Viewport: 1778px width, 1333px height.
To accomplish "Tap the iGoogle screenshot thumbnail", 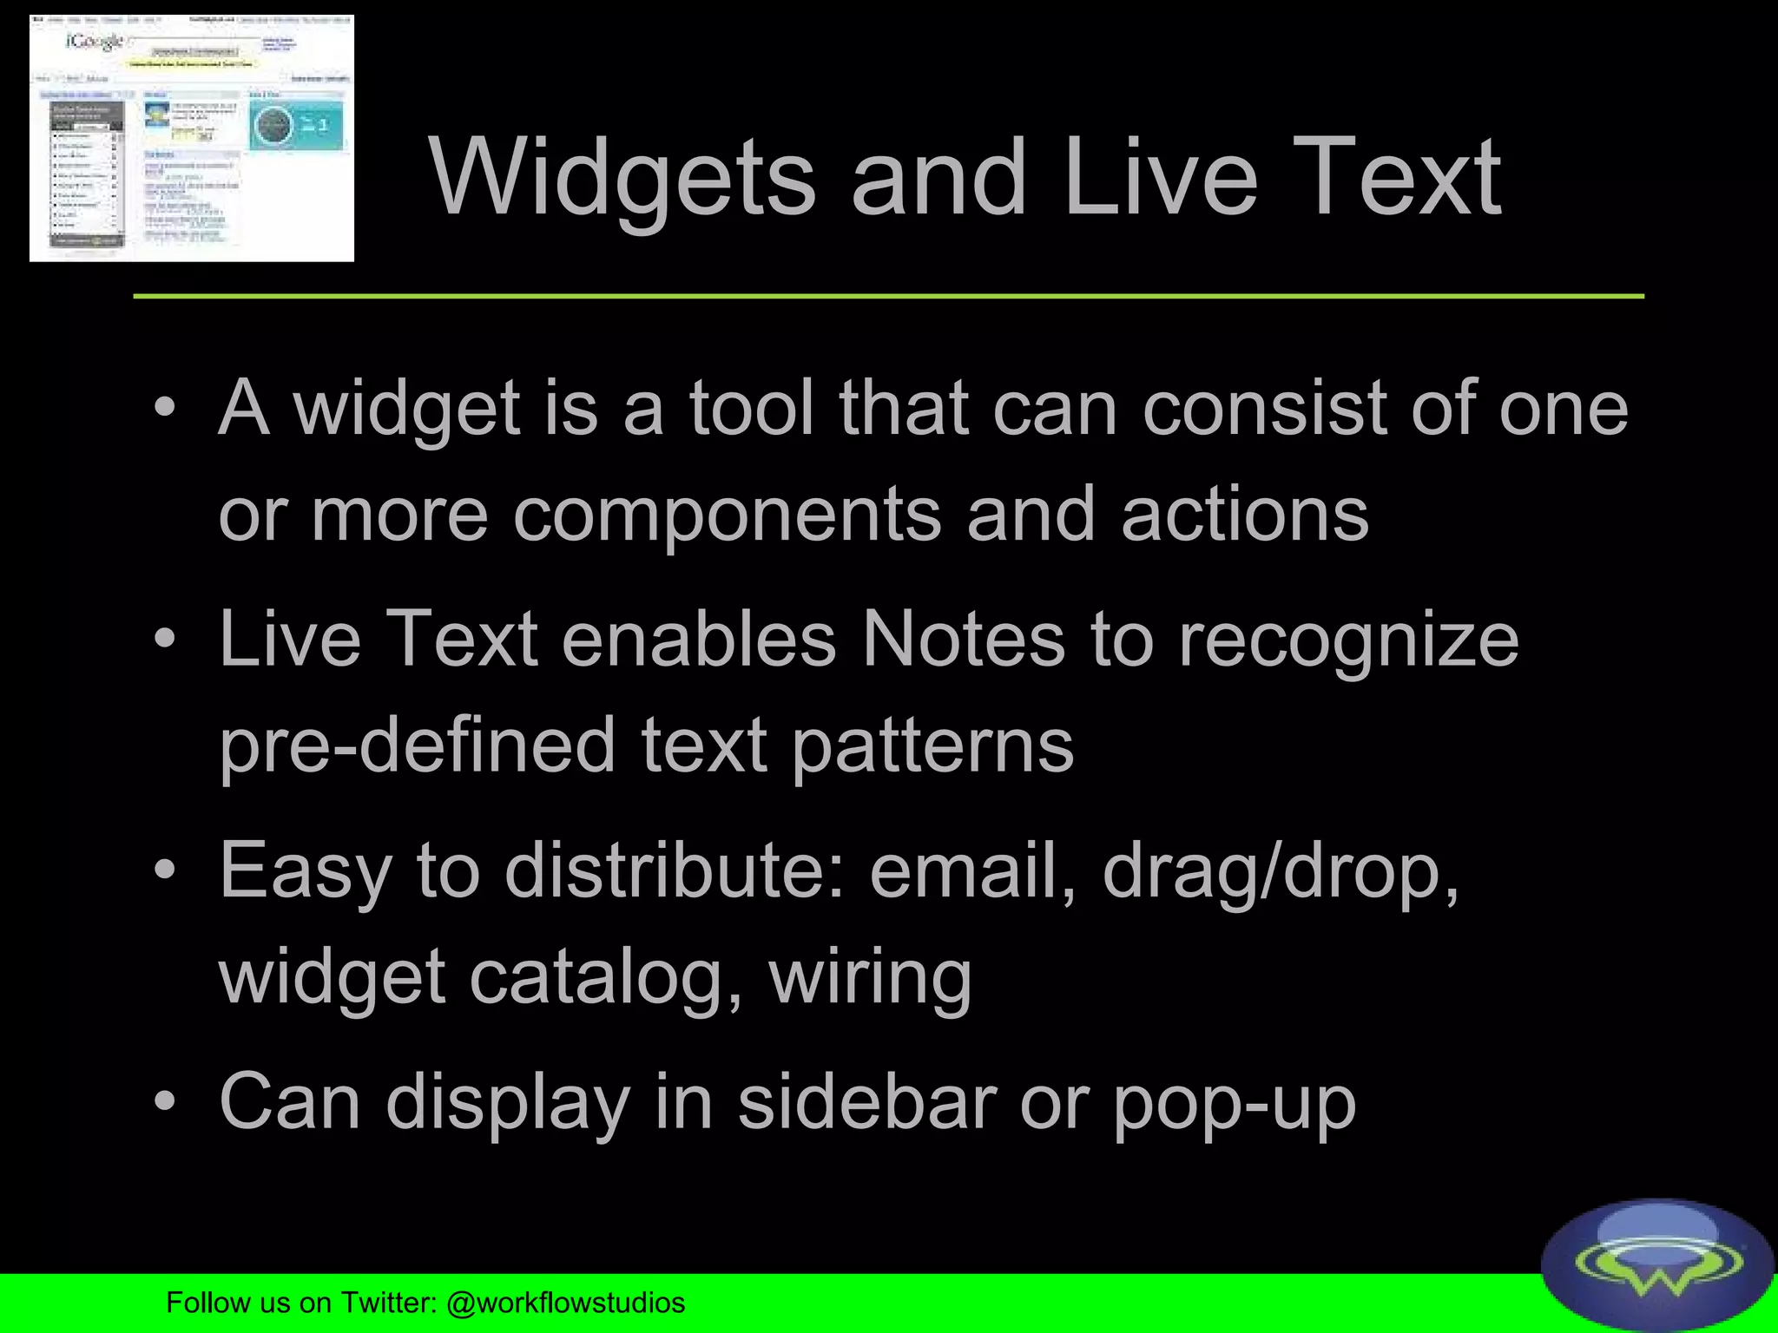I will click(x=192, y=139).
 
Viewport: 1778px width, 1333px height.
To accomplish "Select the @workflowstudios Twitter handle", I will click(x=565, y=1303).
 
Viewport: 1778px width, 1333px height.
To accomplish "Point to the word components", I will click(x=727, y=514).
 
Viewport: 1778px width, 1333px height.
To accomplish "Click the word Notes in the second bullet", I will click(x=962, y=640).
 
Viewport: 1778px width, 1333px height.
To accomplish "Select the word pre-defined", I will click(x=418, y=745).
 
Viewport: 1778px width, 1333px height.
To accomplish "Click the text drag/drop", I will click(x=1281, y=871).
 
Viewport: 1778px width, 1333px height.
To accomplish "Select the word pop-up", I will click(x=1234, y=1104).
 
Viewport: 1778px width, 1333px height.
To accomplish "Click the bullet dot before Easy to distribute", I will click(x=165, y=870).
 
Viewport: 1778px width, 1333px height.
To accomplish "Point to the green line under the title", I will click(x=888, y=296).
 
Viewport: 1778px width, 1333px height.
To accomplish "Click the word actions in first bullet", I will click(x=1244, y=514).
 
